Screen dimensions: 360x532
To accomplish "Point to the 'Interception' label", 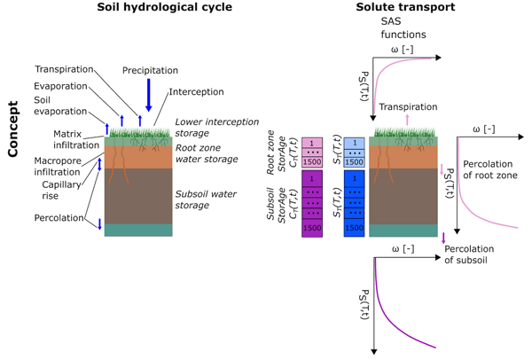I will (196, 92).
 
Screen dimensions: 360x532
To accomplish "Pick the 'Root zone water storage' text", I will (208, 153).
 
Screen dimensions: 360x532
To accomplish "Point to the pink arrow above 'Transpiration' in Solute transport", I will (406, 120).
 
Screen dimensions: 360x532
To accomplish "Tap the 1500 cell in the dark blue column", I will (353, 228).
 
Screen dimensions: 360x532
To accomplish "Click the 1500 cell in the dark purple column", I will (312, 228).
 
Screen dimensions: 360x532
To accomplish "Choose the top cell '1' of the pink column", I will (312, 142).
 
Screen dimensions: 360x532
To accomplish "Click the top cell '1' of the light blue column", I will (353, 142).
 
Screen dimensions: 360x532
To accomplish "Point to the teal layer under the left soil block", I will (147, 230).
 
